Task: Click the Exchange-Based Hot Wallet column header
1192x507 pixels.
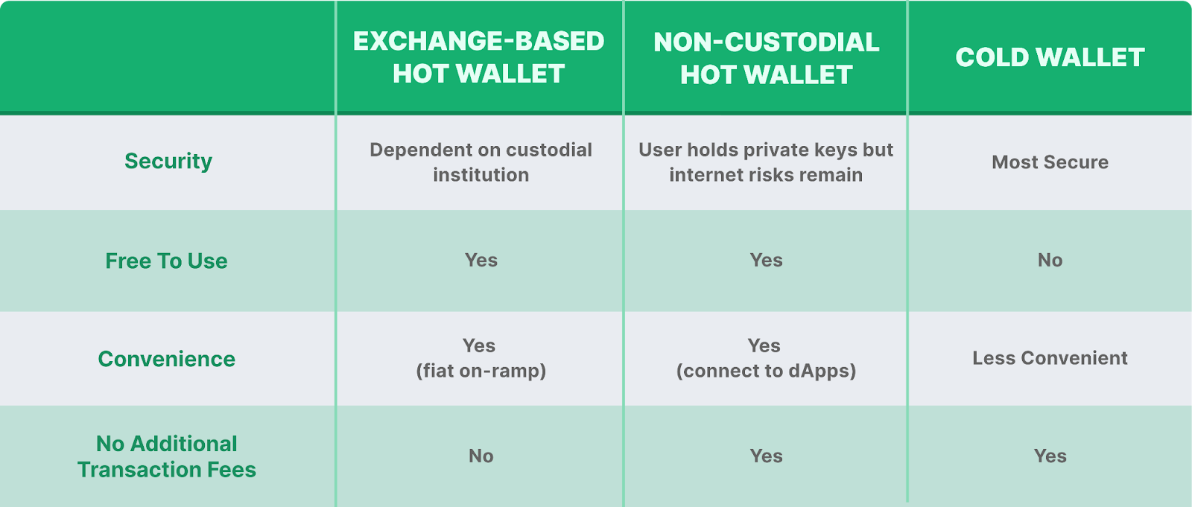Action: pyautogui.click(x=478, y=57)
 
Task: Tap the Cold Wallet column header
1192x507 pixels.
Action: pyautogui.click(x=1050, y=57)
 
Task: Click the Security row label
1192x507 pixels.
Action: pyautogui.click(x=168, y=162)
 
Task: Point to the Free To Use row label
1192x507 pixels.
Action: pyautogui.click(x=167, y=261)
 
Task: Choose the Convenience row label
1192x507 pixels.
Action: pyautogui.click(x=167, y=359)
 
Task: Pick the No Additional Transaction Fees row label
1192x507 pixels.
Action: pyautogui.click(x=167, y=456)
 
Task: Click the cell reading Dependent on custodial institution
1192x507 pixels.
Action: pyautogui.click(x=481, y=162)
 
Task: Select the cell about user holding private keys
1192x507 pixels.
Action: pyautogui.click(x=766, y=162)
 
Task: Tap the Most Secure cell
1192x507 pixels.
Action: pyautogui.click(x=1050, y=162)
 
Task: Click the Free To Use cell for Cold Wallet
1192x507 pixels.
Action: pyautogui.click(x=1050, y=260)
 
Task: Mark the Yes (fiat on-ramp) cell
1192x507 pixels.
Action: pyautogui.click(x=481, y=358)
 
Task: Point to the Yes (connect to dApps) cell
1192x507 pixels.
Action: pyautogui.click(x=766, y=358)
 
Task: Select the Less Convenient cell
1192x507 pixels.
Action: pyautogui.click(x=1050, y=358)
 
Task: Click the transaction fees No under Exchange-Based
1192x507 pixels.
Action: pyautogui.click(x=481, y=456)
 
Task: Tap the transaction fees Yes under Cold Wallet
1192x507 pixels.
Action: pyautogui.click(x=1050, y=456)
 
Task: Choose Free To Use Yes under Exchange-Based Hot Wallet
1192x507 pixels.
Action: pyautogui.click(x=481, y=260)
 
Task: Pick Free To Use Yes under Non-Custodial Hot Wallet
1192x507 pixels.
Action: pyautogui.click(x=766, y=260)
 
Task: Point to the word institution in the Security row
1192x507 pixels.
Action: pyautogui.click(x=481, y=175)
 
